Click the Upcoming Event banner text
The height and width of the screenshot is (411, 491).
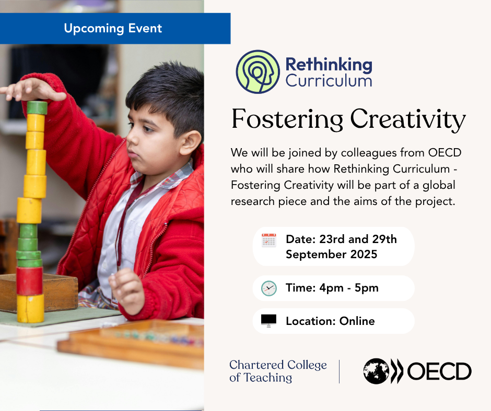[113, 29]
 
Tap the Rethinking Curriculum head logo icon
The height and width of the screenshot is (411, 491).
[258, 71]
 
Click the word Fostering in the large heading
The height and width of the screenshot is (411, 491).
[287, 119]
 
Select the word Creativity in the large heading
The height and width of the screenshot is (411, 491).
[408, 119]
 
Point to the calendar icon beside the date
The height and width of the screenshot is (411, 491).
[268, 240]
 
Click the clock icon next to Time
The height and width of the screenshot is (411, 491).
[268, 288]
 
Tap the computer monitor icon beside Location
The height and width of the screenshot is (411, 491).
[268, 321]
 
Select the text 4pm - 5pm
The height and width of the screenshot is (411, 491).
[349, 288]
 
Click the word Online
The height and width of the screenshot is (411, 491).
[357, 321]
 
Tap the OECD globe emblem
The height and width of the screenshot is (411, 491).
[376, 371]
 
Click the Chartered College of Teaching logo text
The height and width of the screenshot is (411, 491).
[278, 371]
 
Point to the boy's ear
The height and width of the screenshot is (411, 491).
[190, 142]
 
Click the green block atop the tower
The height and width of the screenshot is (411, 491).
[37, 107]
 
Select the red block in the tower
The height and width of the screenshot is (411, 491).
[29, 281]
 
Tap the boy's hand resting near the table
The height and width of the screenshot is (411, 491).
[127, 291]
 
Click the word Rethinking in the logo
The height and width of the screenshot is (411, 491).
[329, 65]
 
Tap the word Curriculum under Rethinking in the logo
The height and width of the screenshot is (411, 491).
[329, 81]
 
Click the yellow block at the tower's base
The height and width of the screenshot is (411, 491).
[30, 308]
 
